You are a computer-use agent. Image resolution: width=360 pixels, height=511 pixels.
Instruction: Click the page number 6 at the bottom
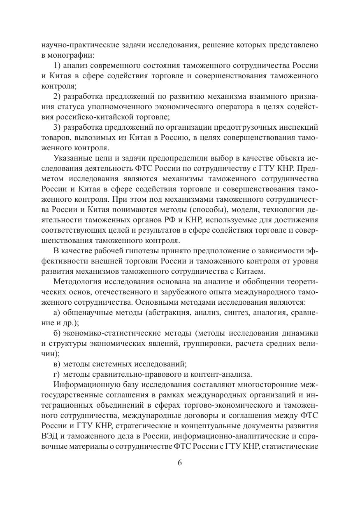click(180, 462)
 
